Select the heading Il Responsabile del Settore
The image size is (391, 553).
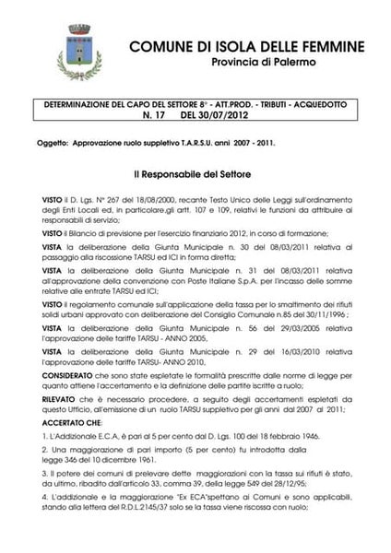(195, 173)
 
